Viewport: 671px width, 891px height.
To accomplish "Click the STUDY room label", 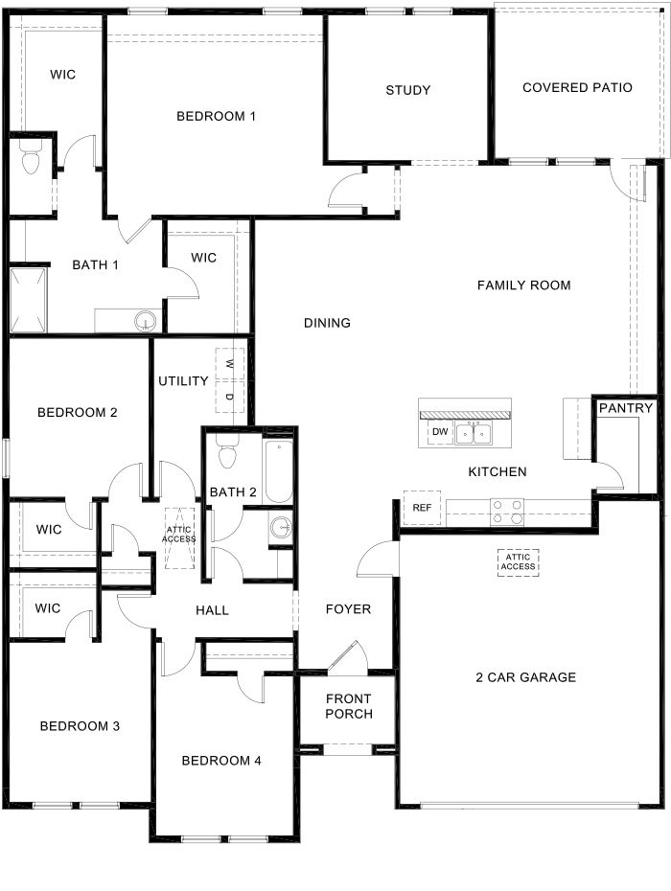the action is [407, 90].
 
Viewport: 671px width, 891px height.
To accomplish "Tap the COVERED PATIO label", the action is [577, 87].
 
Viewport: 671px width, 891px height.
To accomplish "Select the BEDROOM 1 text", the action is [216, 117].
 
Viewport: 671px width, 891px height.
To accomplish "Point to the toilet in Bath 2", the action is [228, 453].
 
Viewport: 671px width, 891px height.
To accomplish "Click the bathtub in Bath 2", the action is [279, 471].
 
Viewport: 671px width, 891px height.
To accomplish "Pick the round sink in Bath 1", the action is [146, 322].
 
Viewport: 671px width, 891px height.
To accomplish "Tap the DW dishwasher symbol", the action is [440, 432].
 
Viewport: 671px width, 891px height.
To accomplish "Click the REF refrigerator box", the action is [422, 508].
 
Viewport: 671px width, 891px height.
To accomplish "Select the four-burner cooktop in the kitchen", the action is [507, 512].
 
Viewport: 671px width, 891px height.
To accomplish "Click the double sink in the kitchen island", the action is [474, 434].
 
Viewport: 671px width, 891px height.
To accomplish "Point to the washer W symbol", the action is [230, 364].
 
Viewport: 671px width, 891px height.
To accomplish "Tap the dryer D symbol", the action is [230, 396].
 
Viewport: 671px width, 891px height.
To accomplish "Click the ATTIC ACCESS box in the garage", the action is [518, 562].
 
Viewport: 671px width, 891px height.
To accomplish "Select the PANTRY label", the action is [626, 408].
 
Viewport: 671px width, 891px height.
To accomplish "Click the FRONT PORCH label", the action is [349, 706].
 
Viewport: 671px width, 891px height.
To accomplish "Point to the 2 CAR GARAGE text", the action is [526, 677].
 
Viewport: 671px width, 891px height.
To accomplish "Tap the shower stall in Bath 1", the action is [28, 301].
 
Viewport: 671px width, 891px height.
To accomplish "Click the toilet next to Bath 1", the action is [31, 158].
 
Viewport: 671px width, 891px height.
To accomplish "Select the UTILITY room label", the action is [183, 381].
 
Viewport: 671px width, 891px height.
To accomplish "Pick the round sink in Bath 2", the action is [281, 528].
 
